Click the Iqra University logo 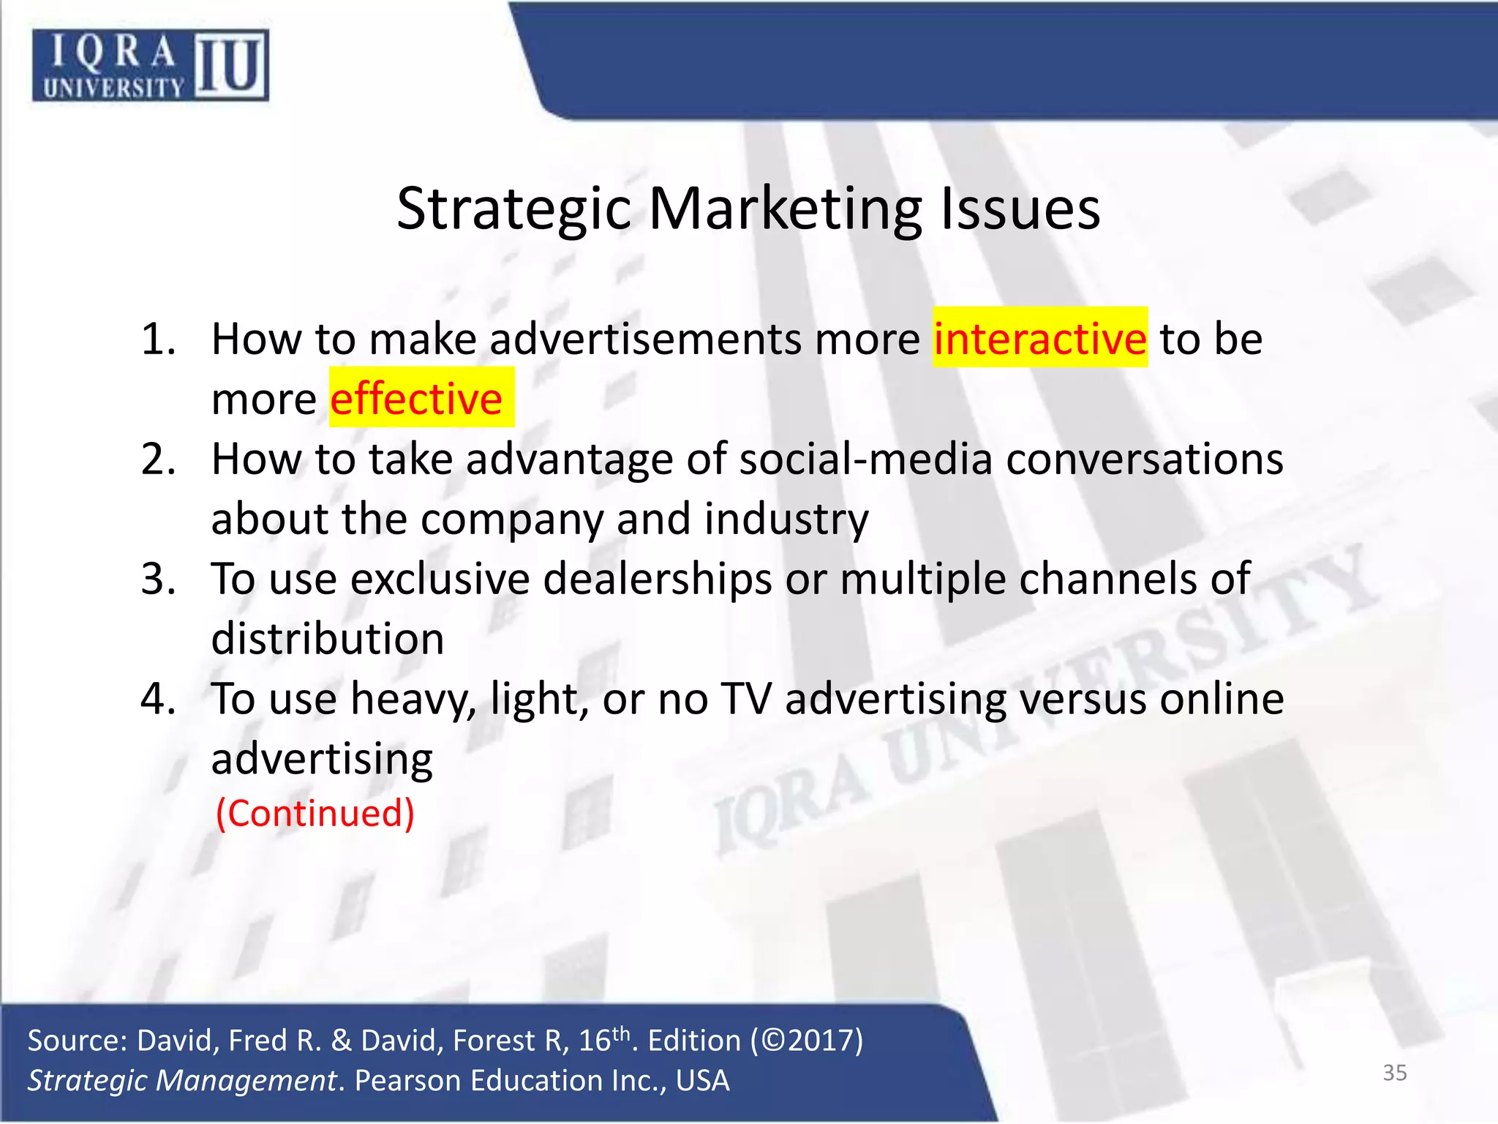click(x=150, y=65)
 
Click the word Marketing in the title click(x=785, y=209)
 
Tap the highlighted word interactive click(x=1039, y=339)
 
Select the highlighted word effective click(x=416, y=399)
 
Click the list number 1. click(x=158, y=340)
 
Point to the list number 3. click(x=158, y=579)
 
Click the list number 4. click(x=158, y=699)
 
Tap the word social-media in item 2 click(x=865, y=460)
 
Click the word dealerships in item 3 click(x=657, y=579)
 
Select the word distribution click(x=328, y=639)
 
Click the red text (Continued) click(x=315, y=813)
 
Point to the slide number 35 click(x=1394, y=1073)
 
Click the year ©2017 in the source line click(x=807, y=1040)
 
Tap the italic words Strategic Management click(x=181, y=1081)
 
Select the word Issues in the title click(x=1020, y=209)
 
